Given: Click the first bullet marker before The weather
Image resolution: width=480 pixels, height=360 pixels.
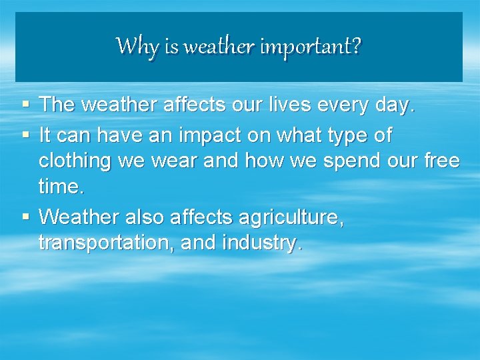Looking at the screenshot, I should (x=25, y=104).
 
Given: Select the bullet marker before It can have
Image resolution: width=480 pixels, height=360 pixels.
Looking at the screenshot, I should (x=25, y=135).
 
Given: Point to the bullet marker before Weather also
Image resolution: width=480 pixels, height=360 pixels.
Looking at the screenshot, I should (x=25, y=217).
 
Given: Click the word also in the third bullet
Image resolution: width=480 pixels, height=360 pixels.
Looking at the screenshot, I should (x=141, y=217).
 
